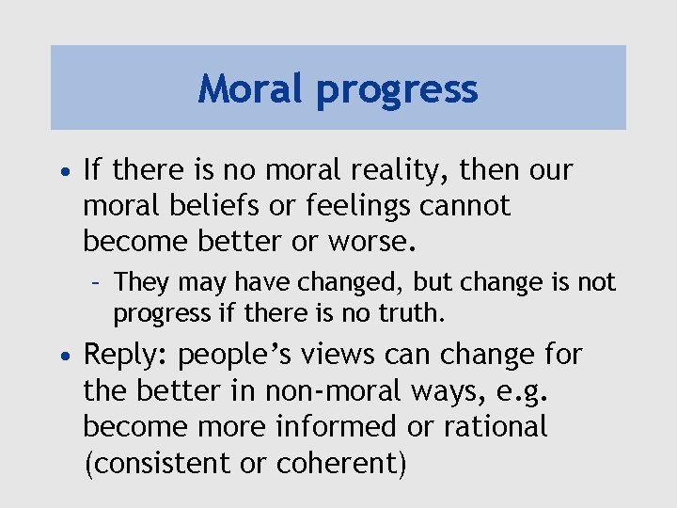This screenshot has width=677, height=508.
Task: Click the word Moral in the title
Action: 251,89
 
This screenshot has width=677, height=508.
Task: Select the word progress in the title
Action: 397,91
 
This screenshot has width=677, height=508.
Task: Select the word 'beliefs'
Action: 202,205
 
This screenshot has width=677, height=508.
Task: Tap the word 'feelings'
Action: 339,207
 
